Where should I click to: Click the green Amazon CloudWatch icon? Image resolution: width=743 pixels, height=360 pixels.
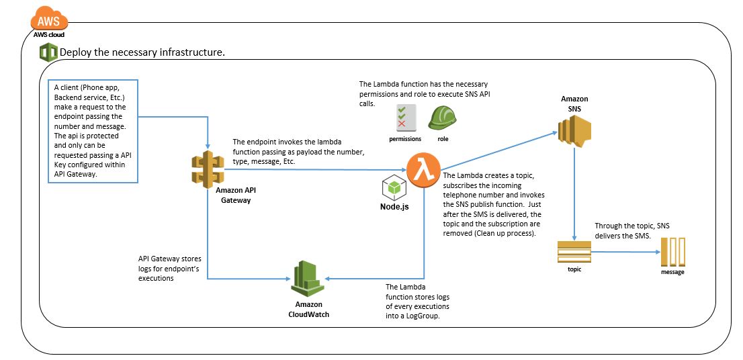tap(308, 277)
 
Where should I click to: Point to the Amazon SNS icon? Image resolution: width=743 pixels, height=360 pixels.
tap(574, 130)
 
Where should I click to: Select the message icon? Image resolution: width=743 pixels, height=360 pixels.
tap(672, 253)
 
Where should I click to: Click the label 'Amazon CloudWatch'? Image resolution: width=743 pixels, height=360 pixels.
tap(309, 310)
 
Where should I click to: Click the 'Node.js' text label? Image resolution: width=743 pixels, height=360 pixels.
tap(395, 206)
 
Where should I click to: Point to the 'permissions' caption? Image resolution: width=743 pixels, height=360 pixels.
tap(405, 139)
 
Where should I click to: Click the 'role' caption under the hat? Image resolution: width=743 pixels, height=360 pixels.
tap(442, 139)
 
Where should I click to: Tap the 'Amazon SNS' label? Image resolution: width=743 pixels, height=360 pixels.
tap(574, 103)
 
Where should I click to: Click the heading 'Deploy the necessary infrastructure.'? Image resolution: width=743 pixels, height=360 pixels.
tap(142, 52)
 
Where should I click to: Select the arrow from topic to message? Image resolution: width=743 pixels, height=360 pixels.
tap(625, 252)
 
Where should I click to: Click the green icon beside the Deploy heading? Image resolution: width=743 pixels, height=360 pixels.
tap(48, 52)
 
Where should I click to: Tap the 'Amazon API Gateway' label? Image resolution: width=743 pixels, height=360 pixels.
tap(236, 195)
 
